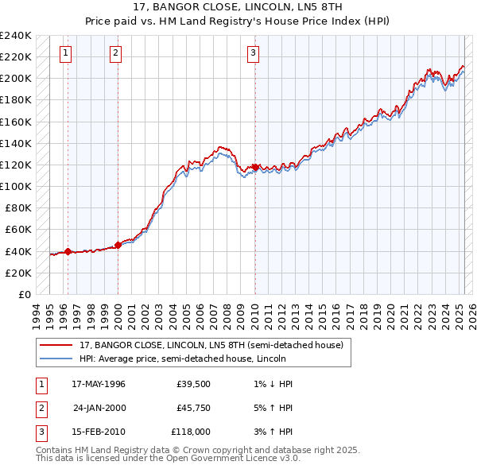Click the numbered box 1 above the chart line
point(64,53)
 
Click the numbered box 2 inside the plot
point(115,53)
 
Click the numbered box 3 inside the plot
point(253,53)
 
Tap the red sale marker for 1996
point(68,251)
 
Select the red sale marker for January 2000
point(118,245)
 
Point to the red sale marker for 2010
point(255,167)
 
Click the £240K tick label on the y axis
point(16,36)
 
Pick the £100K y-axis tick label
point(16,186)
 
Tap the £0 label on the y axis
point(23,294)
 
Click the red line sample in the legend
point(55,346)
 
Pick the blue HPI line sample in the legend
point(55,359)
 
